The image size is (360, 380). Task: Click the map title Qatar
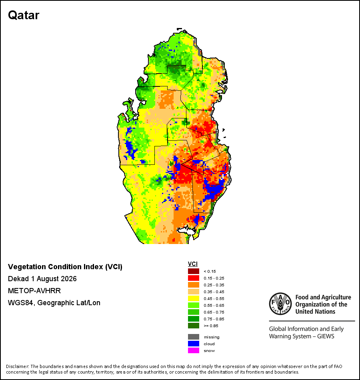point(24,16)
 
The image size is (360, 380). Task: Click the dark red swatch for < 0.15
point(194,271)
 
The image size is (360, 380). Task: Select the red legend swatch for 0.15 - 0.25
point(194,278)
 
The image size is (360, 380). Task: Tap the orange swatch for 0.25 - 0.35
point(194,285)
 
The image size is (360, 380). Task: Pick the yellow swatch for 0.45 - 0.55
point(194,298)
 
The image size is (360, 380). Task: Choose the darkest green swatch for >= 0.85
point(194,326)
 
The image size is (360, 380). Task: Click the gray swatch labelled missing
point(194,337)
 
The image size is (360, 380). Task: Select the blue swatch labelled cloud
point(194,344)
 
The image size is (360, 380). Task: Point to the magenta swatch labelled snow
point(194,350)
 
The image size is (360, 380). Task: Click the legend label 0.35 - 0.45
point(214,292)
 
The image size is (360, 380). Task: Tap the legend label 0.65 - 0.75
point(214,312)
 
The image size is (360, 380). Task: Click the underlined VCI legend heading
point(193,264)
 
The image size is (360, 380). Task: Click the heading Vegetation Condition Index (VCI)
point(65,267)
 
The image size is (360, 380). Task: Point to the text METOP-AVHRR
point(34,291)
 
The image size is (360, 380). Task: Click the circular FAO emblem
point(280,304)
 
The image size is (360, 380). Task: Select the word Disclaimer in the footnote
point(18,366)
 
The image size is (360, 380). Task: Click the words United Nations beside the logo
point(315,312)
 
